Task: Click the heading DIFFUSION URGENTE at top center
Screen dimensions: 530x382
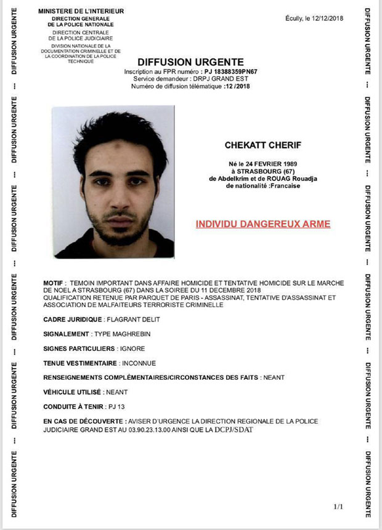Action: tap(190, 62)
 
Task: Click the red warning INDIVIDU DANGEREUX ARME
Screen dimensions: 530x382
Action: tap(263, 224)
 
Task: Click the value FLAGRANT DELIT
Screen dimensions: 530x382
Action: tap(125, 319)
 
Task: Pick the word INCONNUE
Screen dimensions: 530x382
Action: tap(139, 363)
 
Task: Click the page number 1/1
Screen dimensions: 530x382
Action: tap(338, 507)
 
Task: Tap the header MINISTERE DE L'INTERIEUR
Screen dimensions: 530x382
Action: tap(81, 11)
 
